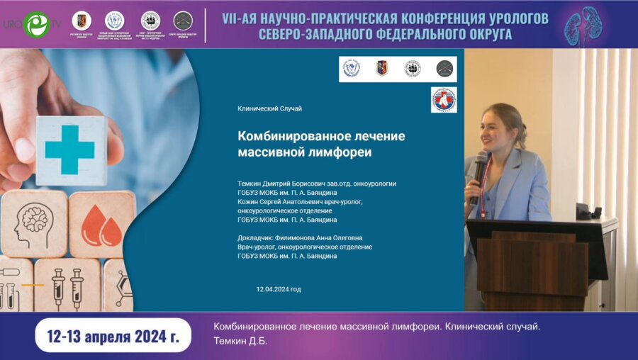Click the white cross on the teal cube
69,149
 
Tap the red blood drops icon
102,227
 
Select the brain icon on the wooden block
33,225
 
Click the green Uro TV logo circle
35,24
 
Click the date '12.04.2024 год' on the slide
279,289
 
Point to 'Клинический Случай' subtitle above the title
269,108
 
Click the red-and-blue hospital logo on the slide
444,100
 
